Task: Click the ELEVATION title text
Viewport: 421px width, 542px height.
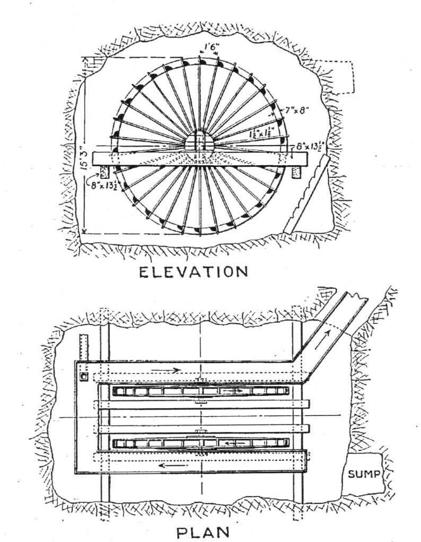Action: [193, 272]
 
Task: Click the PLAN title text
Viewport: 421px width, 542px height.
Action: [205, 531]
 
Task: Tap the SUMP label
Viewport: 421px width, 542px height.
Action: [364, 474]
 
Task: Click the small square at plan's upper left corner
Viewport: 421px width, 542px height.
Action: [83, 376]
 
